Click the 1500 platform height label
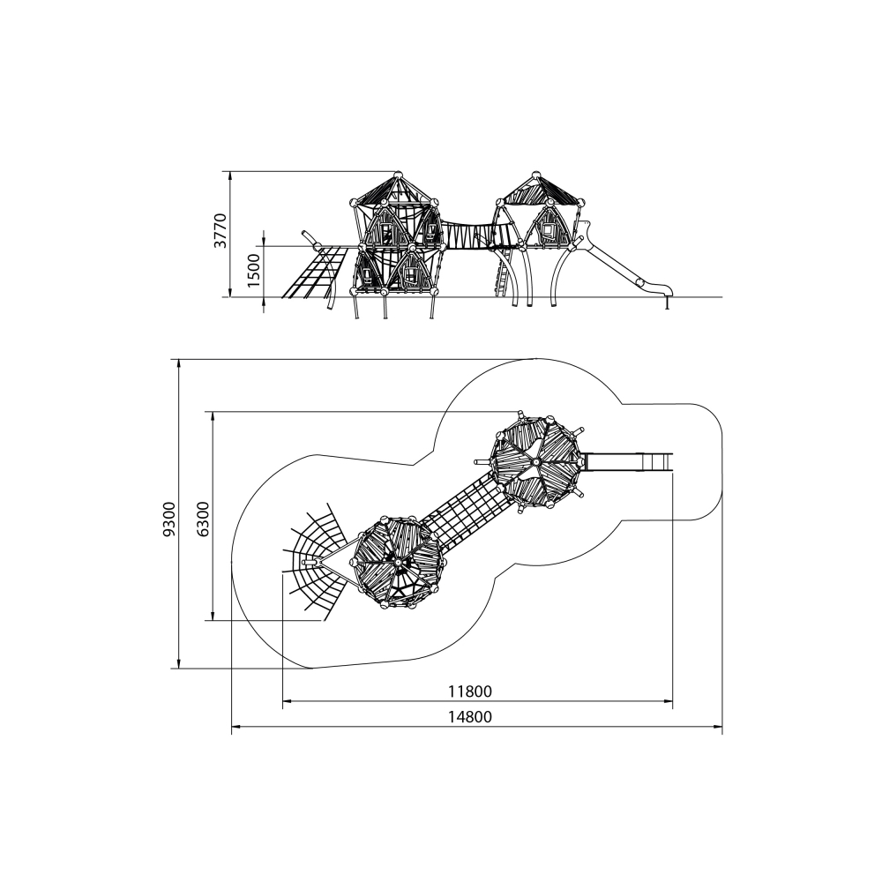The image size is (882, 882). [x=254, y=271]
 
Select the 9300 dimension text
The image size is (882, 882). [x=169, y=519]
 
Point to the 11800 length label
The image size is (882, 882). [x=470, y=691]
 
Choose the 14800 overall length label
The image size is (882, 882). [x=470, y=716]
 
